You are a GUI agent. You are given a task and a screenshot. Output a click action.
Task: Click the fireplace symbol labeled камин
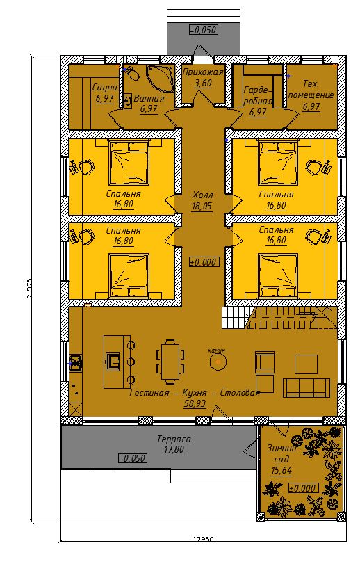coord(218,362)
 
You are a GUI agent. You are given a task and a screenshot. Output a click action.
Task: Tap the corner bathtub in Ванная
coord(160,78)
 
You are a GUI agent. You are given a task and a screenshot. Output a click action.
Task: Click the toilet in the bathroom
coord(131,73)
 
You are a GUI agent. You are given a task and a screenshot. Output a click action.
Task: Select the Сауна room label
coord(104,88)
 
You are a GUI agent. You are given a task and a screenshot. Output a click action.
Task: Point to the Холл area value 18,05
coord(202,207)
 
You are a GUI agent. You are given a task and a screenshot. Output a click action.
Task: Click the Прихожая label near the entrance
coord(202,72)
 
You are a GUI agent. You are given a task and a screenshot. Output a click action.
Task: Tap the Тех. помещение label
coord(311,90)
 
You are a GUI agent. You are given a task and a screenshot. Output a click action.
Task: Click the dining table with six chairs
coord(170,362)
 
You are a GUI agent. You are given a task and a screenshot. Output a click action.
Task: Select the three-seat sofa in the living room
coord(306,388)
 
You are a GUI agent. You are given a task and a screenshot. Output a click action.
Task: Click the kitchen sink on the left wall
coord(76,363)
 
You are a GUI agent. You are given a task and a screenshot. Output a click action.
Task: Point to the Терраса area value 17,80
coord(174,450)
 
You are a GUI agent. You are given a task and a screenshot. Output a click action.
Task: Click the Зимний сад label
coord(281,453)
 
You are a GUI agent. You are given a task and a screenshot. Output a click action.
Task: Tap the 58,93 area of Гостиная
coord(195,404)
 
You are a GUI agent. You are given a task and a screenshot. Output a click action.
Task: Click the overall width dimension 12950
coord(203,539)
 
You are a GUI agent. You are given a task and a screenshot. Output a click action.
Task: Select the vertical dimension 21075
coord(30,289)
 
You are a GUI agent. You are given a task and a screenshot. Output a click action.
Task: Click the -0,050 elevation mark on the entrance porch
coord(204,30)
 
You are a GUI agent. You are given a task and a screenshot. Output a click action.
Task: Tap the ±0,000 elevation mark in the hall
coord(204,262)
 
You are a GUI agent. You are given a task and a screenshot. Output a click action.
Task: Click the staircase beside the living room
coord(279,318)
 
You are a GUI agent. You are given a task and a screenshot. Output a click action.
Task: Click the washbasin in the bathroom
coord(127,102)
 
